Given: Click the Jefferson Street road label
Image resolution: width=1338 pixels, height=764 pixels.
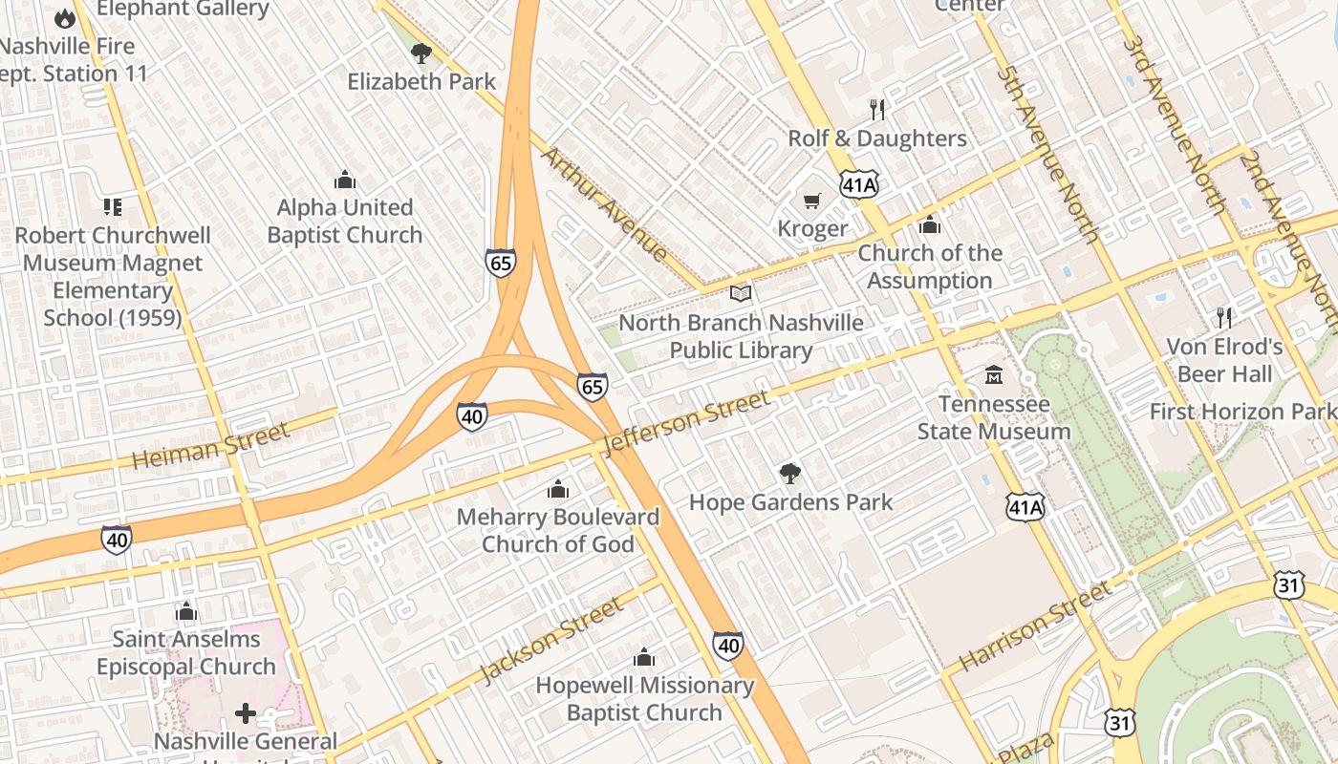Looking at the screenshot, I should point(685,422).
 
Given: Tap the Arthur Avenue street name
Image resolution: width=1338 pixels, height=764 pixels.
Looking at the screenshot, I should point(605,203).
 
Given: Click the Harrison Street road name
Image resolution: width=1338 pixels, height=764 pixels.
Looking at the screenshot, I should point(1035,626).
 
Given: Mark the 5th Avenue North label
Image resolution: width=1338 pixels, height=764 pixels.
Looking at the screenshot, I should point(1047,153).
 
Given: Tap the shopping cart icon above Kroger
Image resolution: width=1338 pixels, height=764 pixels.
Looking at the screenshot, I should point(812,201).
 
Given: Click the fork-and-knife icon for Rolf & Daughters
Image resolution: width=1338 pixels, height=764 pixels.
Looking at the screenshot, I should point(877,110).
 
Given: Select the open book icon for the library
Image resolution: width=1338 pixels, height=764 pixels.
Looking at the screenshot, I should point(741,294).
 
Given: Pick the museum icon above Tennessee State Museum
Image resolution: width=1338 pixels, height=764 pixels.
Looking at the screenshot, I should point(994,375).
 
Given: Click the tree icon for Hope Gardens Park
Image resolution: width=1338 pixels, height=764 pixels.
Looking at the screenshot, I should point(789,473).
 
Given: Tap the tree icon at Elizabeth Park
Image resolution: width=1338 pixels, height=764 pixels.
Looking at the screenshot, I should point(421,53).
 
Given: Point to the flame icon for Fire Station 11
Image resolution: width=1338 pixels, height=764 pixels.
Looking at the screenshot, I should point(64,18).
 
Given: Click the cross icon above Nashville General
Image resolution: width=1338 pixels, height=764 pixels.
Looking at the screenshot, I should point(246,712).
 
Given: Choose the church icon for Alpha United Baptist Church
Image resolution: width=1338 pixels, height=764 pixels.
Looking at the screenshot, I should point(345,180).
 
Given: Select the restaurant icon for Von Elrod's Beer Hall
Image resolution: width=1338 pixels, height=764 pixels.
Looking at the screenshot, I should point(1224,317).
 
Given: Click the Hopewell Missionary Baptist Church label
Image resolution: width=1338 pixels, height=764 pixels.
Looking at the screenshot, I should point(644,698).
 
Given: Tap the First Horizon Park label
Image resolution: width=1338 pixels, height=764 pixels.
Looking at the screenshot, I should point(1242,412).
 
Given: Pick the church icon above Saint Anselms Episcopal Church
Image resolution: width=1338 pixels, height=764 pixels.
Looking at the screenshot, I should point(186,611).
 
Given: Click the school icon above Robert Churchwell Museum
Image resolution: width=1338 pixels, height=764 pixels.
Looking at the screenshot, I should point(113,206).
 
